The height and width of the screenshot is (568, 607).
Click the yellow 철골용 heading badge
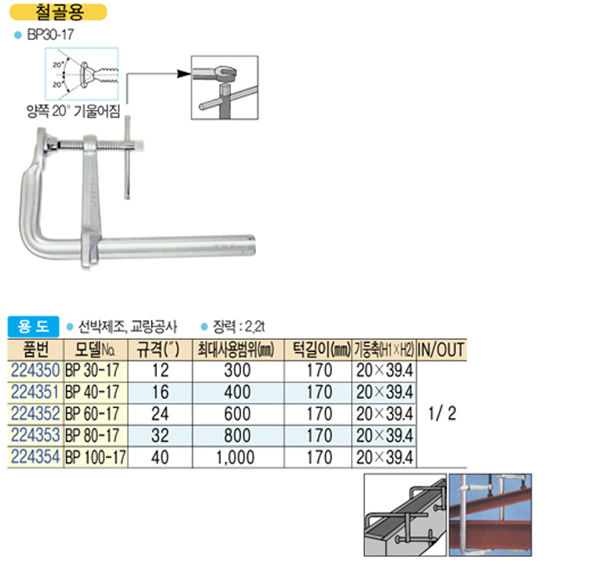point(58,12)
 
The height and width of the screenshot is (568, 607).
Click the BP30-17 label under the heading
point(50,35)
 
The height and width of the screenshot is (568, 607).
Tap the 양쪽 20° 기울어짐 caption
point(73,111)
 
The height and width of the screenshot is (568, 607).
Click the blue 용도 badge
point(33,326)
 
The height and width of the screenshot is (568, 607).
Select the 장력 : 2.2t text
point(238,327)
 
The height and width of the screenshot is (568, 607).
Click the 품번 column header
point(36,349)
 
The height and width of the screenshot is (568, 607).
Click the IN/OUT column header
point(441,349)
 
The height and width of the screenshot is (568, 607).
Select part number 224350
point(36,370)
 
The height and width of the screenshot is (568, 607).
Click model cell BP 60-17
point(92,414)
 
